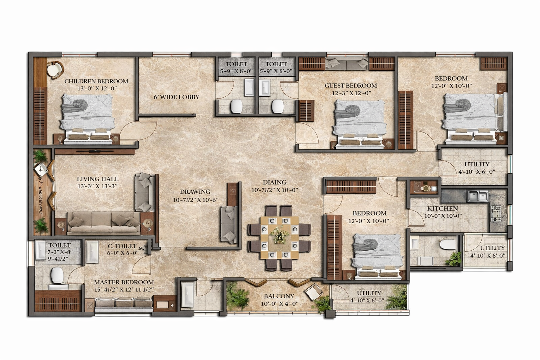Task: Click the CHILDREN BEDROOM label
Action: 96,81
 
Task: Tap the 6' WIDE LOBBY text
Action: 176,97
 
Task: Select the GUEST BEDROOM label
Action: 351,85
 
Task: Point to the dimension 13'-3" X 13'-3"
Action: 97,186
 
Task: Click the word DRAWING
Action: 195,192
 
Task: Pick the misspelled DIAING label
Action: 275,182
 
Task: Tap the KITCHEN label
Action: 442,209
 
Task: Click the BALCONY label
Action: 279,296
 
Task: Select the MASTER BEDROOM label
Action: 124,282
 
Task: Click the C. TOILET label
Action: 122,246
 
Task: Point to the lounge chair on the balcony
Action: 313,291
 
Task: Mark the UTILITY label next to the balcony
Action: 369,293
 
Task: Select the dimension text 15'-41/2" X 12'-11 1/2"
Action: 124,290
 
